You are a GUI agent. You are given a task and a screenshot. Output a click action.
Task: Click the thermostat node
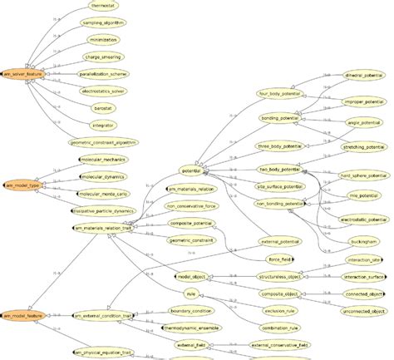tap(103, 5)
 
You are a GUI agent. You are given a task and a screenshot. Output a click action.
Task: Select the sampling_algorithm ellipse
tap(104, 22)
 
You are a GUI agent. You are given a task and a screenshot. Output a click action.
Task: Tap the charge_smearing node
tap(104, 57)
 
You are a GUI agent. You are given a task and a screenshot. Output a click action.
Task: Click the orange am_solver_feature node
tap(23, 74)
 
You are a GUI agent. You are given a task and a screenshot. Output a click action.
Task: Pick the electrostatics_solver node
tap(104, 91)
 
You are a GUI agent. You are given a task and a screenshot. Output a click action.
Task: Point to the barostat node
tap(103, 109)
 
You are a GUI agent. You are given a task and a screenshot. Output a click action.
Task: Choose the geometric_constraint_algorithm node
tap(104, 143)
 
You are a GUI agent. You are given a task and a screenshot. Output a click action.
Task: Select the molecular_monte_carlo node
tap(104, 194)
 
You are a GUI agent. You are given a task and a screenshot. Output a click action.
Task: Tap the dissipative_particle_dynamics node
tap(104, 211)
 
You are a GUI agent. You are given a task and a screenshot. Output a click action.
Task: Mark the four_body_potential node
tap(280, 93)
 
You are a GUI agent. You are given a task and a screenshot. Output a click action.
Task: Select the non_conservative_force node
tap(192, 206)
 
